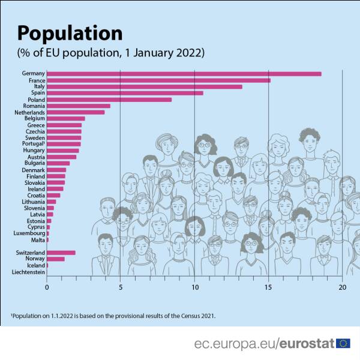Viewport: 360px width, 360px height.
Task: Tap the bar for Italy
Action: tap(144, 86)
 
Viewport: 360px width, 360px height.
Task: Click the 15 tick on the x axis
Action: tap(268, 287)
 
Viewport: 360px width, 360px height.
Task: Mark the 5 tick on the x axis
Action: tap(121, 287)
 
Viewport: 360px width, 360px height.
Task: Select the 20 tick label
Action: tap(342, 287)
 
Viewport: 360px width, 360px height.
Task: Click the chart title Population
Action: tap(70, 33)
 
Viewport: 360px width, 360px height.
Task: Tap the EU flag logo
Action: tap(344, 343)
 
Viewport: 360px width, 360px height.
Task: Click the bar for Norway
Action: tap(56, 259)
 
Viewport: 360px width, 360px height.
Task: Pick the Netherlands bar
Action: tap(76, 112)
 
